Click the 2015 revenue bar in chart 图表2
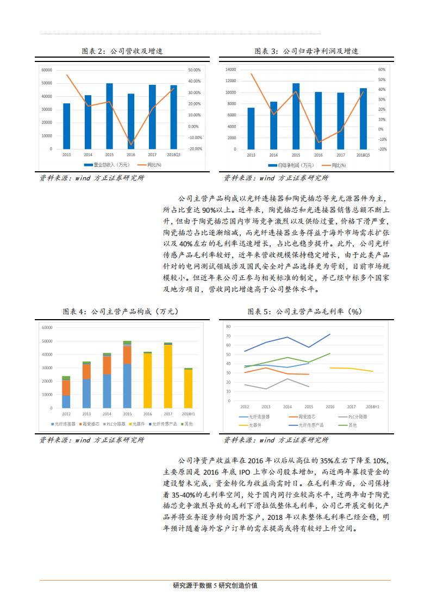coord(109,116)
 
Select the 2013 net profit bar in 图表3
coord(251,128)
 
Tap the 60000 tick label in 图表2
coord(46,70)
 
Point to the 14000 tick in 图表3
coord(230,70)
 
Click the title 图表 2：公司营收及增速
coord(122,51)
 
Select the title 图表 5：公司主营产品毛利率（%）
coord(304,312)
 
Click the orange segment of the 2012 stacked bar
coord(66,387)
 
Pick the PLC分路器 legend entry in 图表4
coord(114,424)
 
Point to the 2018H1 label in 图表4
coord(188,414)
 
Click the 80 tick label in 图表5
coord(228,327)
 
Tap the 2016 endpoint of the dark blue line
coord(330,334)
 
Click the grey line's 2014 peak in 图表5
coord(288,378)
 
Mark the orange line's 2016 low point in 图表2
coord(131,145)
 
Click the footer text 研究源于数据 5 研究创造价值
coord(215,586)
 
